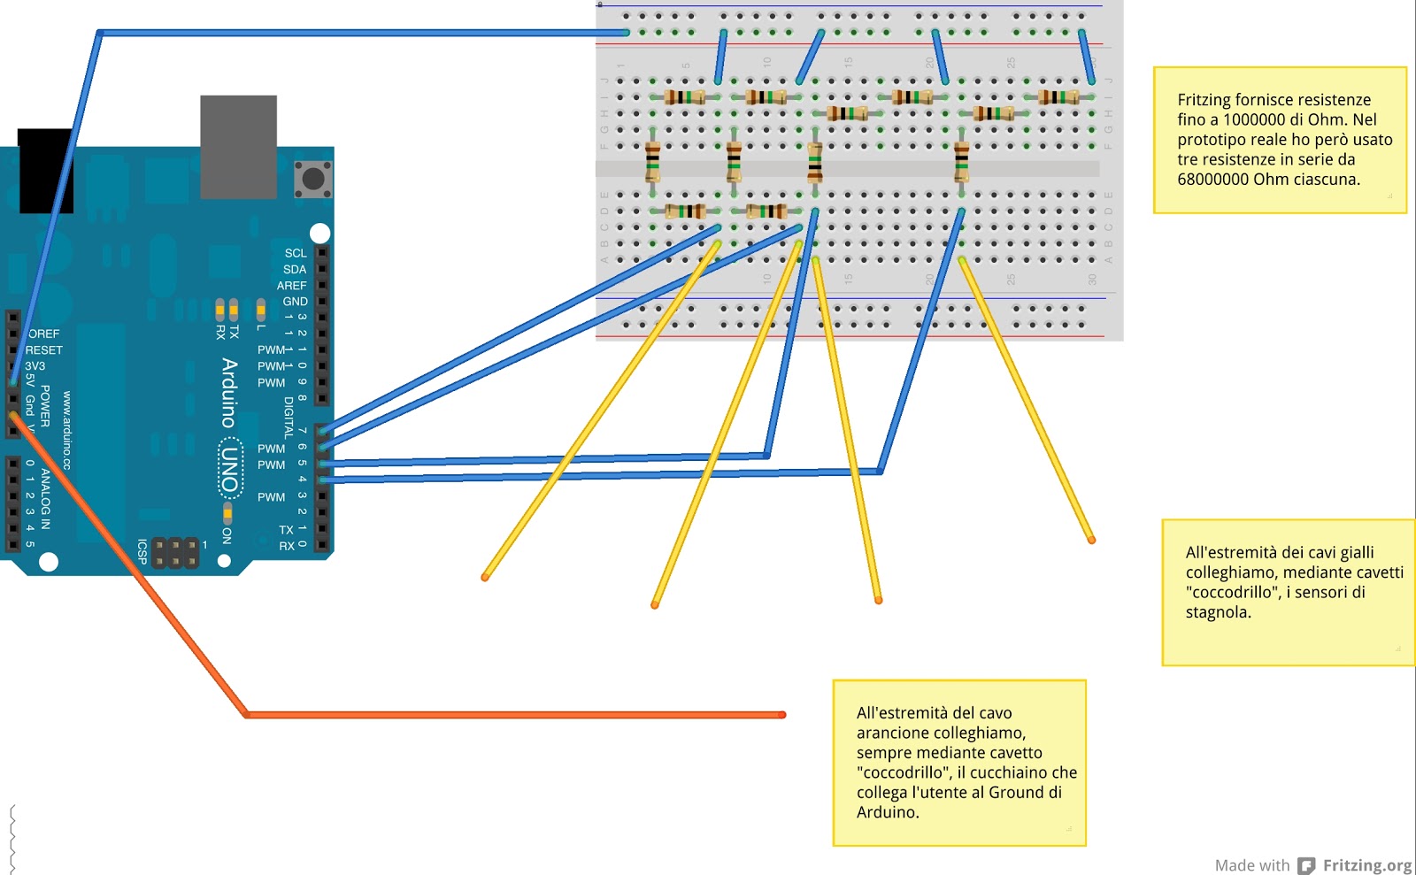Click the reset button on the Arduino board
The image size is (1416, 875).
[313, 179]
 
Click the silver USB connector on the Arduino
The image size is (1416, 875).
[238, 147]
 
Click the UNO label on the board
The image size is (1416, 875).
[230, 470]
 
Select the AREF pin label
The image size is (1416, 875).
[291, 286]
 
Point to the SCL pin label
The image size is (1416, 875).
[295, 253]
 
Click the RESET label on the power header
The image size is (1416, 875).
[43, 350]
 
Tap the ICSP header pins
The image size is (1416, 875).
[175, 553]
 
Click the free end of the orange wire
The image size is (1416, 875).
[781, 715]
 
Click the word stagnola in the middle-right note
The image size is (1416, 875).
[1217, 612]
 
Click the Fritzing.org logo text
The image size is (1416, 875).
[1366, 865]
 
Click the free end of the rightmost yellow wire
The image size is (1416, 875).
[1091, 540]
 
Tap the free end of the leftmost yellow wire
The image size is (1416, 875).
[485, 578]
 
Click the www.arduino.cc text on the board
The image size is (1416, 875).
[66, 430]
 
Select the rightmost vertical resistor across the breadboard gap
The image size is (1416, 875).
[961, 162]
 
